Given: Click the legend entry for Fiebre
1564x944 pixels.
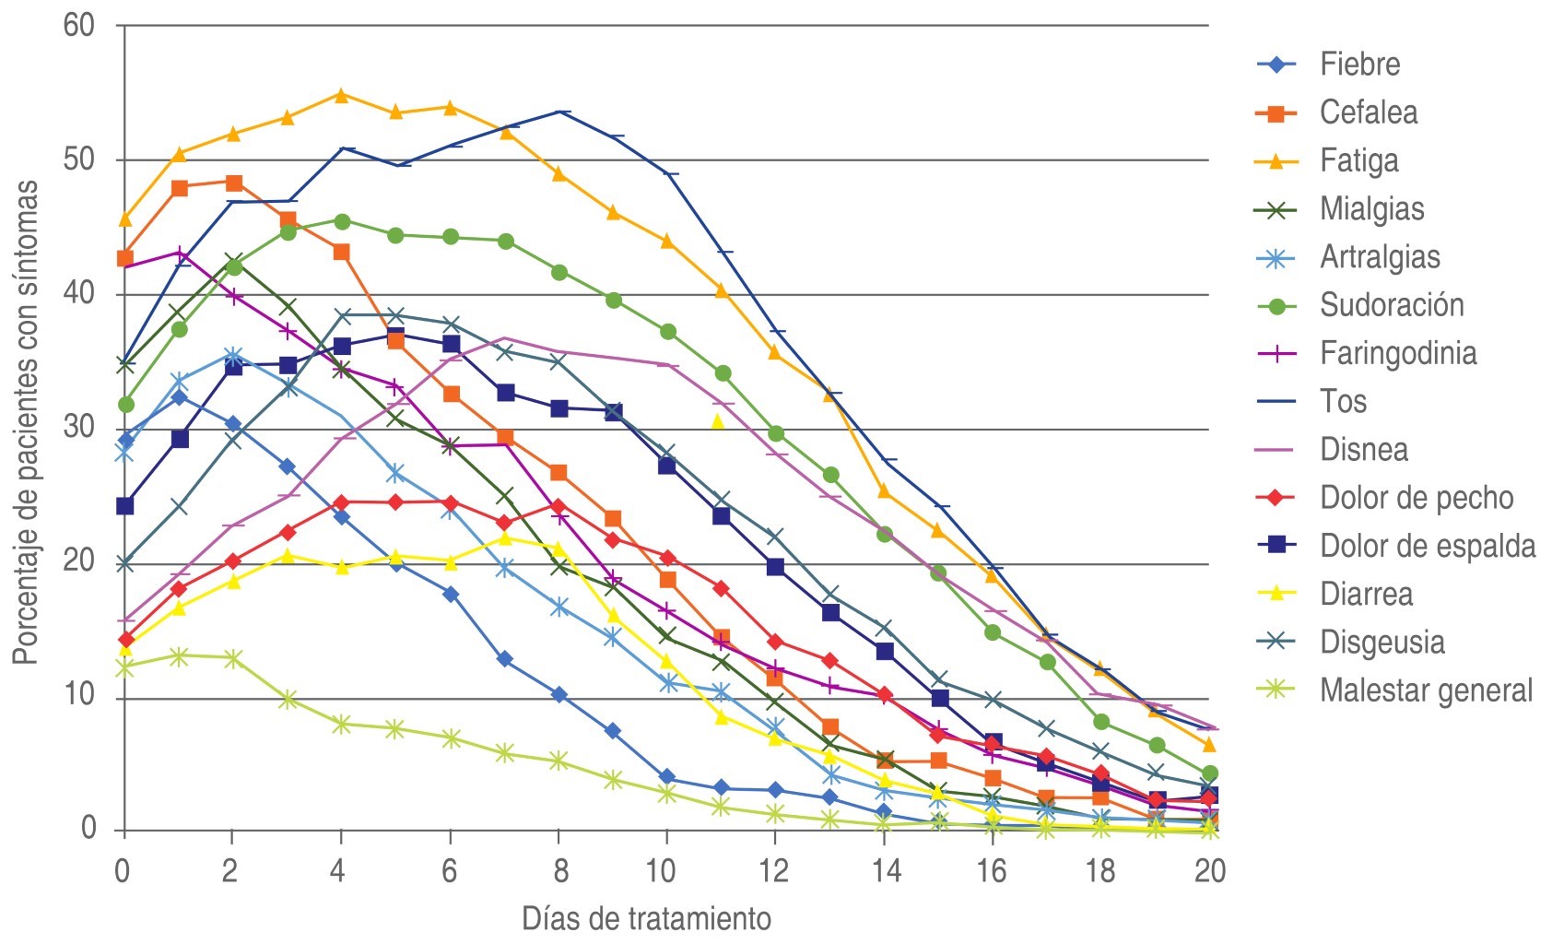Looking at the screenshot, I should click(x=1358, y=65).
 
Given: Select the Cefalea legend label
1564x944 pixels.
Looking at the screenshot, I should click(x=1368, y=112).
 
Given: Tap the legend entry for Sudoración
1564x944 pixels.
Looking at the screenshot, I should click(x=1391, y=305).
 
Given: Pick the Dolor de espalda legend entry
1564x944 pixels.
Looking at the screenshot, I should click(x=1427, y=546).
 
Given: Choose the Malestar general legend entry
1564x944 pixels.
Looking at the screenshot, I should click(x=1425, y=690).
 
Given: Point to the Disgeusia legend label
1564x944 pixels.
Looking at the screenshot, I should click(x=1382, y=643).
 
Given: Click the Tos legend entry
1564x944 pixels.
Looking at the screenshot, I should click(x=1343, y=402).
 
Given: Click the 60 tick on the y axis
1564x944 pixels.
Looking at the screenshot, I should click(x=80, y=26).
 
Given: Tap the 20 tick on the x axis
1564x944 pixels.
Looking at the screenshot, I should click(x=1209, y=870).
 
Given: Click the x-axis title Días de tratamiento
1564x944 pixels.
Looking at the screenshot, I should click(x=646, y=919).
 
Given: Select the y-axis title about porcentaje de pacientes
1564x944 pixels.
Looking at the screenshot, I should click(x=26, y=422).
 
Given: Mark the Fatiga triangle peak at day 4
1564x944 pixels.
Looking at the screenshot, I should click(x=341, y=95).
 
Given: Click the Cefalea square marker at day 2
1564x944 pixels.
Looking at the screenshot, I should click(x=233, y=183).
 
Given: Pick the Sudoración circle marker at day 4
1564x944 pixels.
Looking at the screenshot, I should click(x=342, y=221).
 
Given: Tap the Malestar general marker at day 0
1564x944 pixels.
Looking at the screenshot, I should click(x=125, y=667).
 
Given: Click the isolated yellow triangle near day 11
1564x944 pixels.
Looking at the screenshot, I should click(x=718, y=422).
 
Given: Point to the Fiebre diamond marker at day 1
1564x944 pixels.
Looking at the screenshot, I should click(x=180, y=397).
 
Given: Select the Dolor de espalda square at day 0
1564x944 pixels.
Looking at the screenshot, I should click(x=125, y=506).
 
